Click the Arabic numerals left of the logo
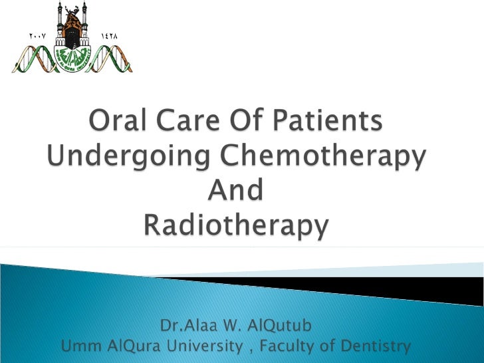point(38,34)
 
